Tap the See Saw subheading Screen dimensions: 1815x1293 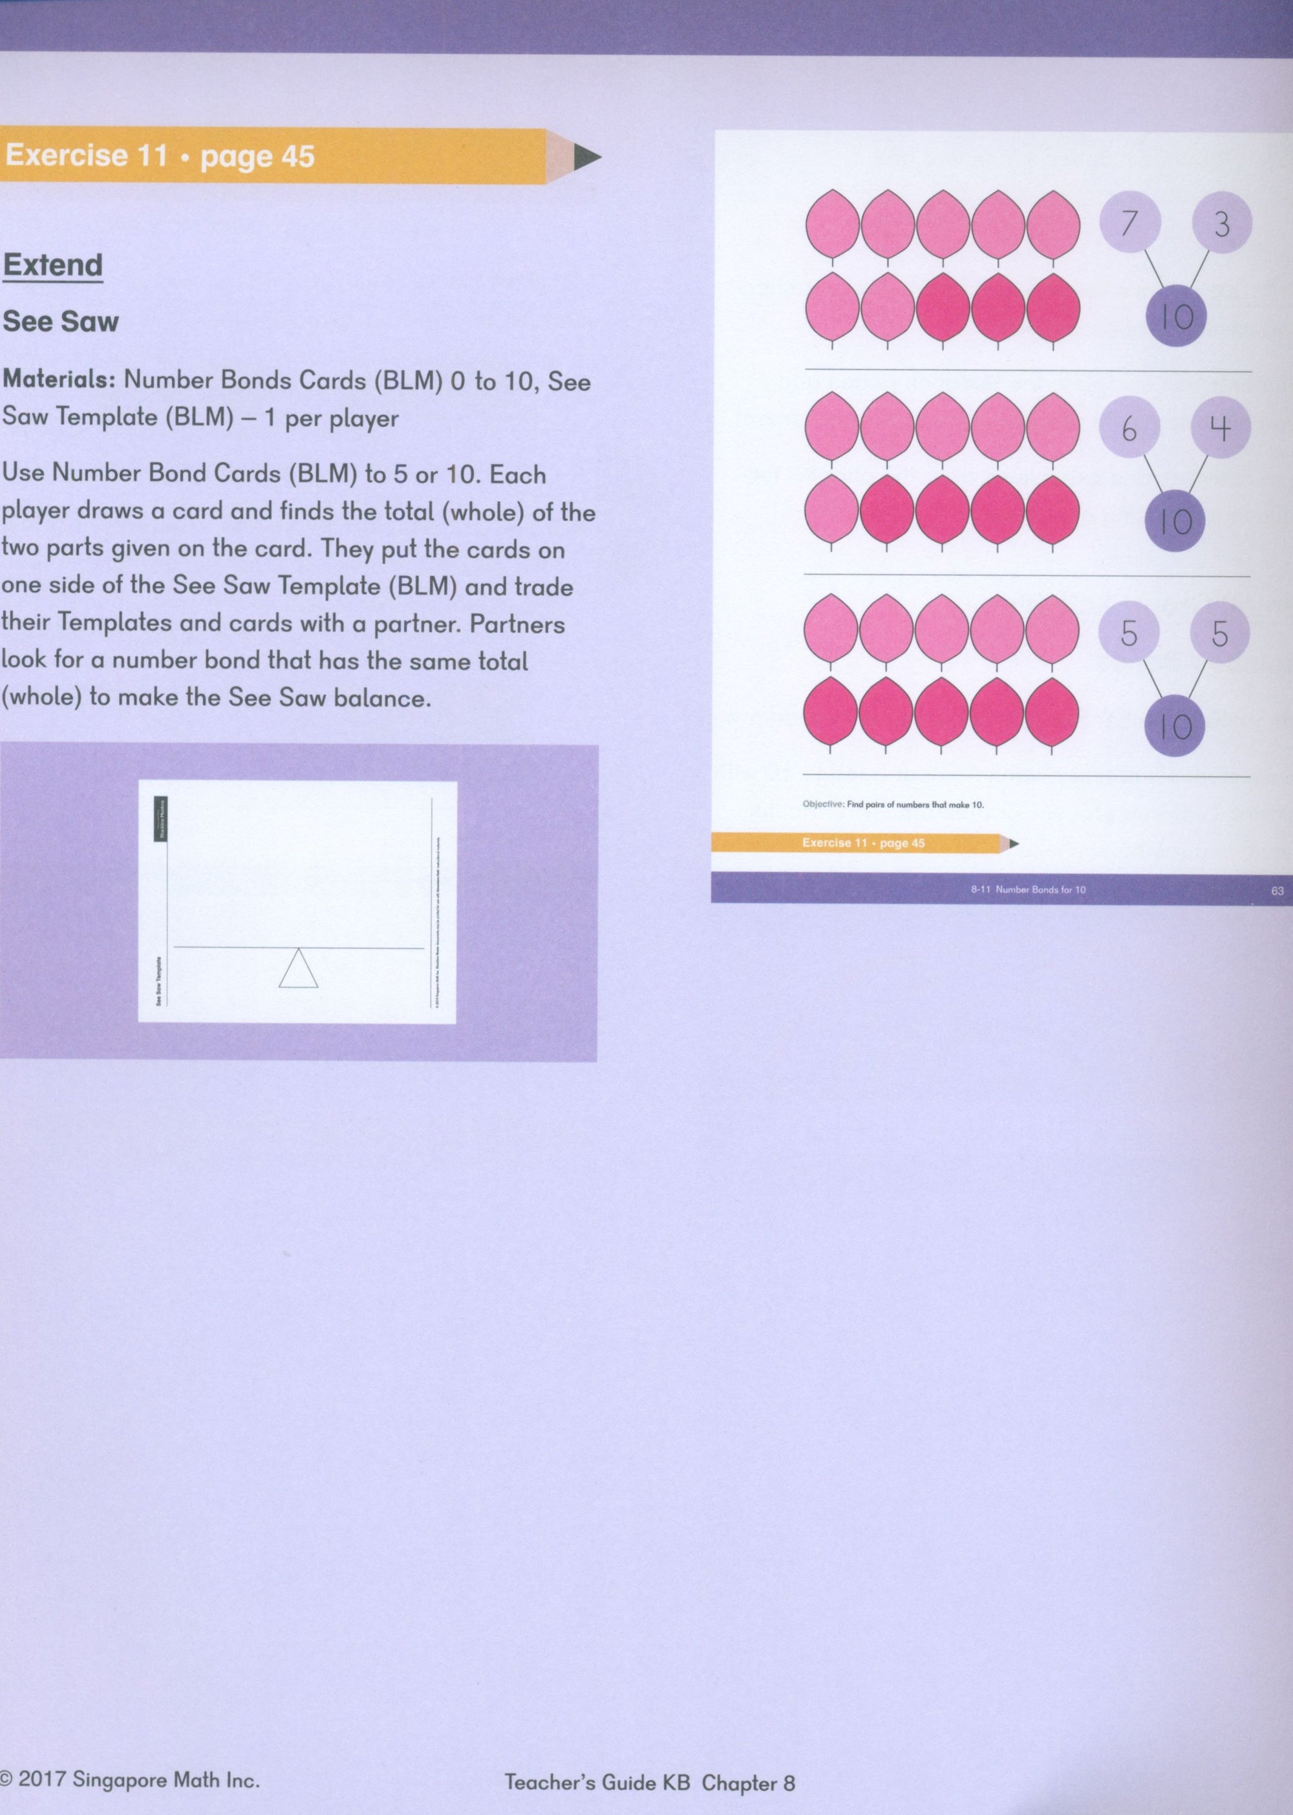tap(61, 322)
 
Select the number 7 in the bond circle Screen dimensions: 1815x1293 tap(1129, 222)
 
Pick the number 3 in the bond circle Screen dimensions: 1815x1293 tap(1221, 223)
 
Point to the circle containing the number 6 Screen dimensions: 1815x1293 tap(1129, 429)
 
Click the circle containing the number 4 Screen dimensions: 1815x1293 tap(1221, 429)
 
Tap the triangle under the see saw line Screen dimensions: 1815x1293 tap(299, 969)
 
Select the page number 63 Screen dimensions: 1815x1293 tap(1277, 891)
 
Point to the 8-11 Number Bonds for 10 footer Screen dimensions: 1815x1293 tap(1028, 889)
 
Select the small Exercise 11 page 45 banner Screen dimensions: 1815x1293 tap(863, 842)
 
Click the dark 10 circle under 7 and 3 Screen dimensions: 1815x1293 tap(1176, 316)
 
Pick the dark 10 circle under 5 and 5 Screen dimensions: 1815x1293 tap(1175, 726)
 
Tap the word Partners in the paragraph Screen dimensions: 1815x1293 tap(517, 624)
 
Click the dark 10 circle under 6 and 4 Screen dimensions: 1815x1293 tap(1175, 522)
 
